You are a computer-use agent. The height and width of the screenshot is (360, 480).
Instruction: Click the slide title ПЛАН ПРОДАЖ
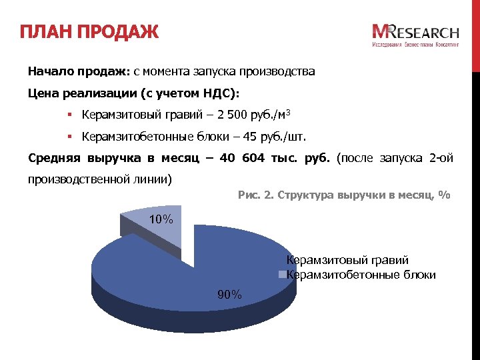coord(88,31)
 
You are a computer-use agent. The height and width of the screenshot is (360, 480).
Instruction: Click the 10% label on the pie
coord(160,219)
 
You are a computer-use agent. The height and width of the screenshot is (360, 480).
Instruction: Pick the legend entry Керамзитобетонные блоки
coord(361,275)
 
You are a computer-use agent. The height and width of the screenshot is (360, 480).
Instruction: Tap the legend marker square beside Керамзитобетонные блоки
coord(282,275)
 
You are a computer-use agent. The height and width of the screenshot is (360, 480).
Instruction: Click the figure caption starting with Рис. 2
coord(343,195)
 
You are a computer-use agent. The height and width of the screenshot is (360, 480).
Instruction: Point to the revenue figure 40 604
coord(237,159)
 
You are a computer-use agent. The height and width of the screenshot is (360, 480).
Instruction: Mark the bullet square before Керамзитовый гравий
coord(69,115)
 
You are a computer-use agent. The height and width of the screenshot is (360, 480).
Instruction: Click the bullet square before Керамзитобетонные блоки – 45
coord(69,137)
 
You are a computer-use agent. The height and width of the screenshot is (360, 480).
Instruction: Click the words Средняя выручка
coord(79,159)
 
